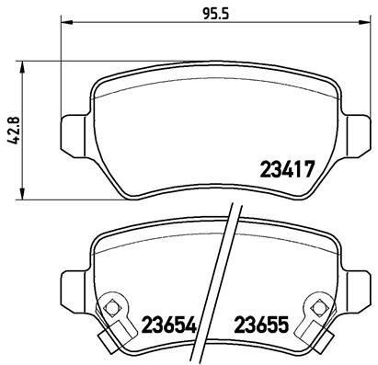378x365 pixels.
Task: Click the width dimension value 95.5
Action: click(215, 14)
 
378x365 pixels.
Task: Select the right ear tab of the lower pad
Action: click(359, 287)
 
